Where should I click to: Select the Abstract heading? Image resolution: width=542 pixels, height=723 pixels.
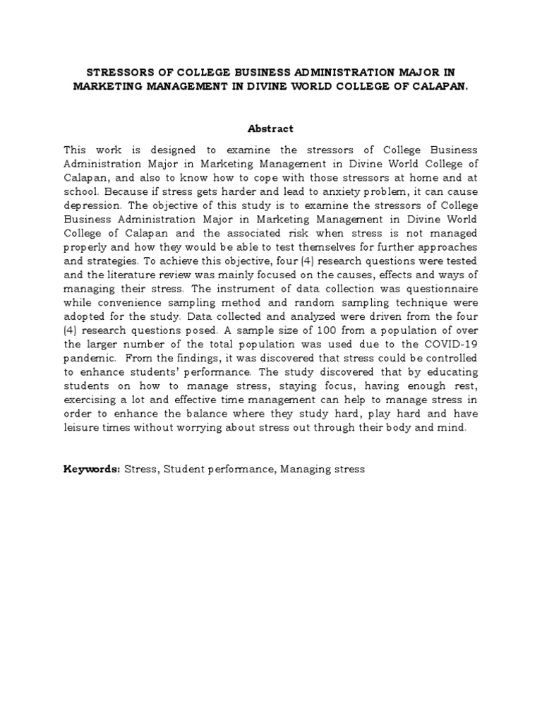coord(270,129)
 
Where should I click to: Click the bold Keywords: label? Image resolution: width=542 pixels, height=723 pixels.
coord(92,469)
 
